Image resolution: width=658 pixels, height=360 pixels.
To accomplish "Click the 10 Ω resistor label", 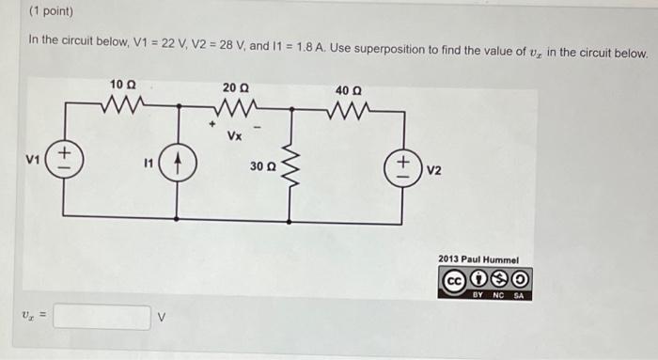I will point(121,86).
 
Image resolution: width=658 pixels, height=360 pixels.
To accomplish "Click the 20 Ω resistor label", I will point(235,87).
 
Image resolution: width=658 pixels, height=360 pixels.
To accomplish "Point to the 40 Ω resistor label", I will point(347,90).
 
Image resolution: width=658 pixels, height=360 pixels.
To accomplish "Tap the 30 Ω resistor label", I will point(263,166).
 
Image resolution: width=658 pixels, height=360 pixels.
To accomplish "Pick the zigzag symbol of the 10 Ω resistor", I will point(123,103).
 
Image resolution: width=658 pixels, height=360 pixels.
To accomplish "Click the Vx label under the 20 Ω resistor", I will point(235,135).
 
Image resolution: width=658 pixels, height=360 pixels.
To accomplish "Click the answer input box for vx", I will point(102,317).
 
